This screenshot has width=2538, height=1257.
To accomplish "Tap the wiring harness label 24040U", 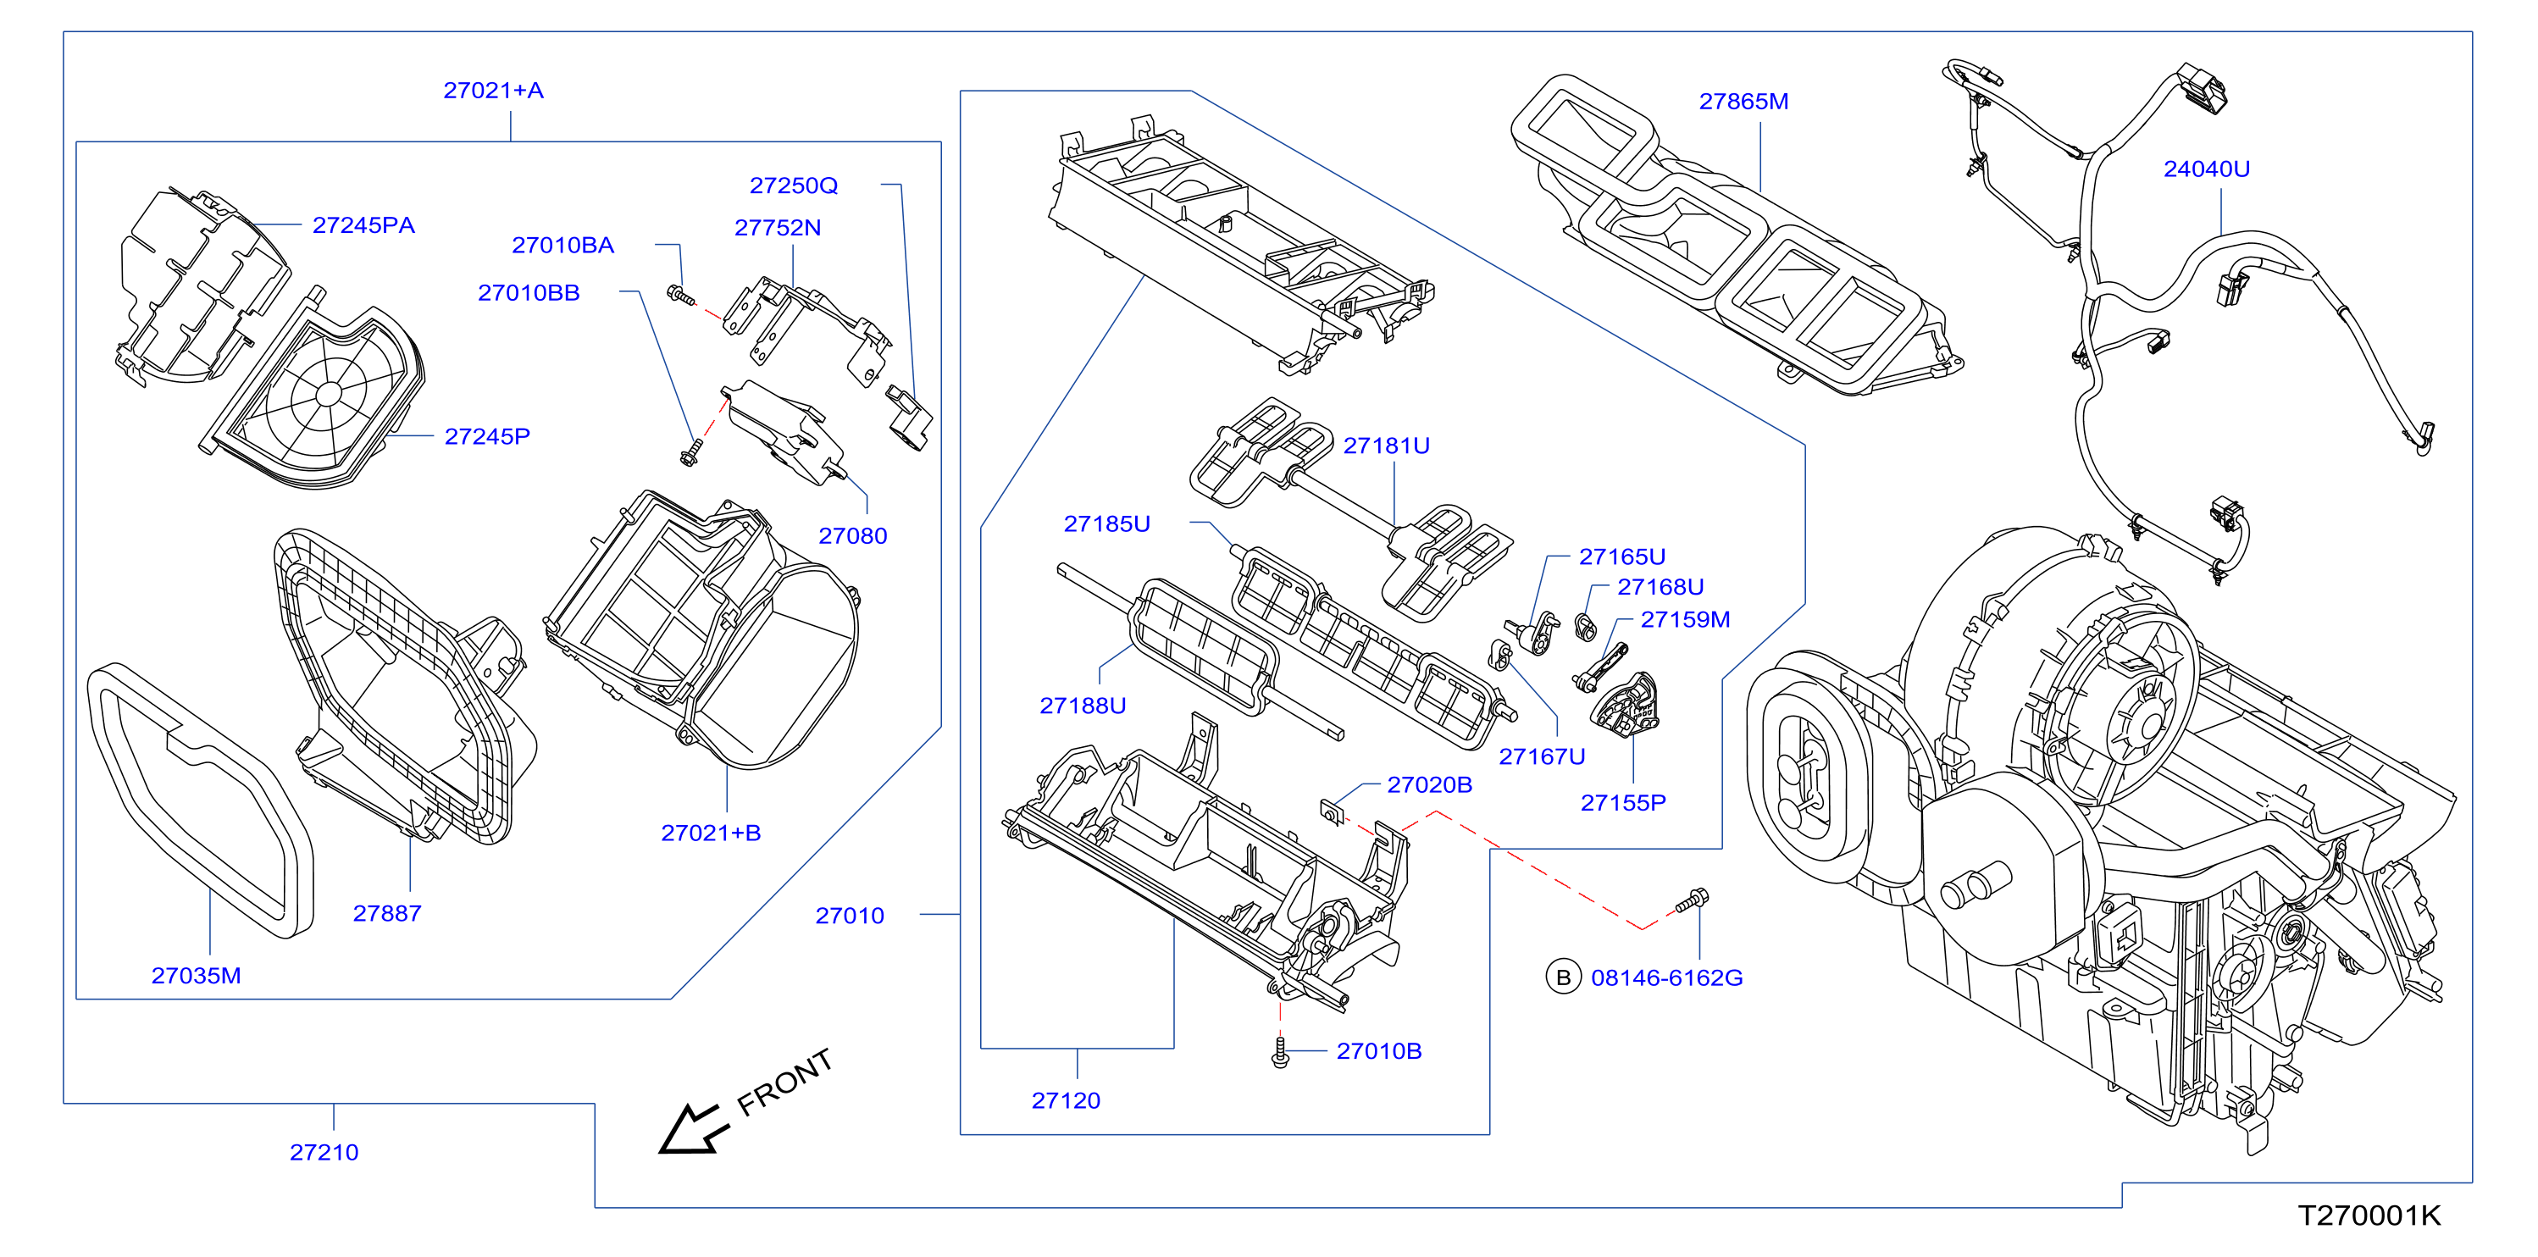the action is pos(2206,169).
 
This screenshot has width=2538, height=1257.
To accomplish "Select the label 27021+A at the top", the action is pos(493,91).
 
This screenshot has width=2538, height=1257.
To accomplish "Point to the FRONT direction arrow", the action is pos(694,1129).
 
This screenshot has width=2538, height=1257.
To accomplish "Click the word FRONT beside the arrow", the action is pos(785,1082).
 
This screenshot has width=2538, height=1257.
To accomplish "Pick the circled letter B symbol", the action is pos(1563,977).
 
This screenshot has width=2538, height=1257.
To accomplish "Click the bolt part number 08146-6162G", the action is pos(1667,978).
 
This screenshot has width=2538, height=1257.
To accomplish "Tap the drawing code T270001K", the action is pos(2369,1215).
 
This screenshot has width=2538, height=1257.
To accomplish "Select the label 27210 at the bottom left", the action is pos(324,1153).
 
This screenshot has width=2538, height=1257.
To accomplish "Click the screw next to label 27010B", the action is pos(1280,1051).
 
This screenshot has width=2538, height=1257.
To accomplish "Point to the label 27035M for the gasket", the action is pos(196,977).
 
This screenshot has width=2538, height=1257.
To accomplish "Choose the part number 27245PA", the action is pos(363,225).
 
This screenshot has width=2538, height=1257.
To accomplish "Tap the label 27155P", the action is pos(1623,804).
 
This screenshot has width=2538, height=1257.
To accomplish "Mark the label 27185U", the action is pos(1106,524).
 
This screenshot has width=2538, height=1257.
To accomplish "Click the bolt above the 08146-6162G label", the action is pos(1692,901).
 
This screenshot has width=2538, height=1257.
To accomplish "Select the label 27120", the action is pos(1066,1101).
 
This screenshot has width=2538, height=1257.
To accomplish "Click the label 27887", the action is pos(387,914).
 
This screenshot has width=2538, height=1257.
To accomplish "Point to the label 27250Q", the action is pos(793,186).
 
